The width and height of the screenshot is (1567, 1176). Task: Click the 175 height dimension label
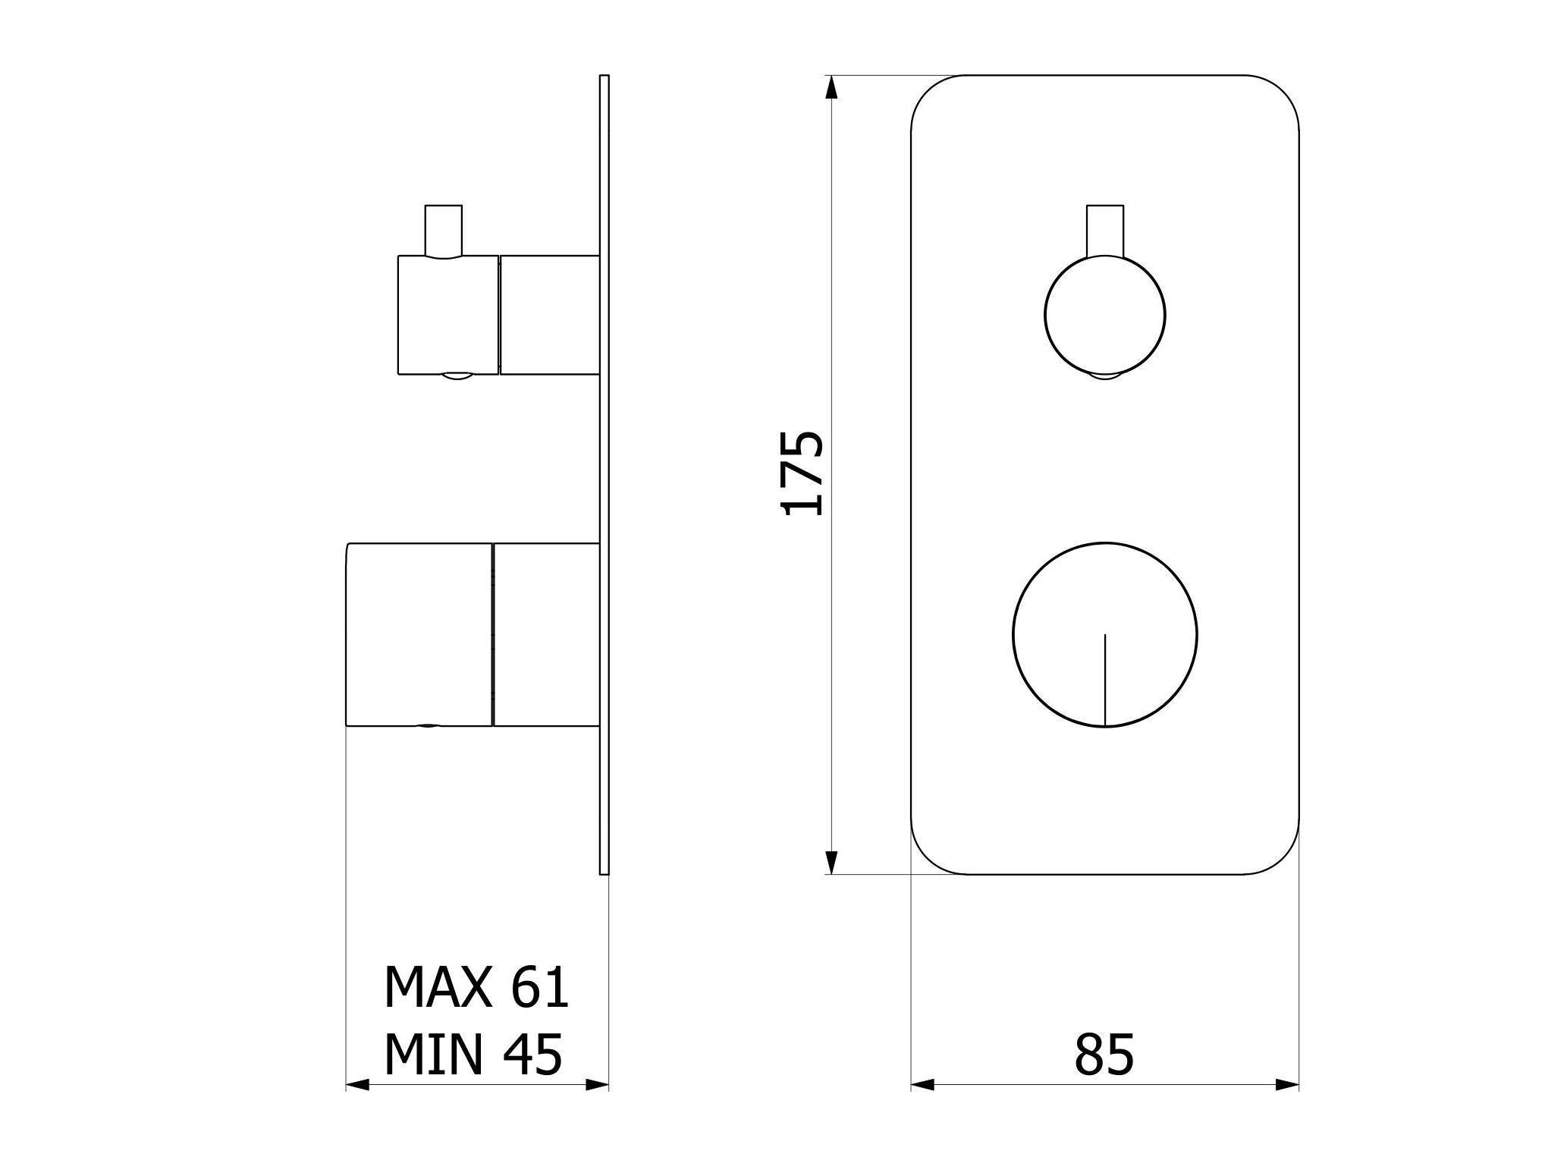coord(802,473)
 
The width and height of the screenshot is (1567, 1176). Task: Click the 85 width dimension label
coord(1104,1054)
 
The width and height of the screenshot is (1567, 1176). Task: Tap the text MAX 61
coord(476,986)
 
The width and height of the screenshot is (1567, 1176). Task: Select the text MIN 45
coord(473,1054)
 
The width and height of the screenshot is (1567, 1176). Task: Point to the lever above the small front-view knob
coord(1104,231)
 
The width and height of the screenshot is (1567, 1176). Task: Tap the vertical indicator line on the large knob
coord(1105,680)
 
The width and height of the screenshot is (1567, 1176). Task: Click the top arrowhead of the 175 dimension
coord(831,87)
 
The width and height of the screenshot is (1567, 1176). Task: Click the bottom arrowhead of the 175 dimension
coord(831,863)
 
